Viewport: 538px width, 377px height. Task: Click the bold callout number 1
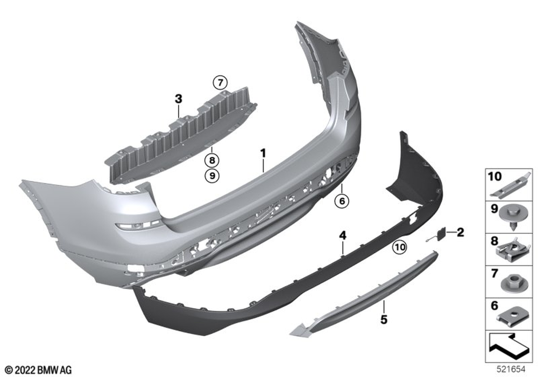pyautogui.click(x=263, y=153)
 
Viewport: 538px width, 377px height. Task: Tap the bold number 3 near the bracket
pyautogui.click(x=179, y=99)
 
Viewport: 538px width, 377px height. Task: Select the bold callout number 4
pyautogui.click(x=342, y=235)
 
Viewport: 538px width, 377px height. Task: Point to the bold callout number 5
pyautogui.click(x=384, y=320)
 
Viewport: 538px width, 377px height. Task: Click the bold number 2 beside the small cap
pyautogui.click(x=460, y=233)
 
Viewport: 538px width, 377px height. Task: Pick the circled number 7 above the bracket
pyautogui.click(x=220, y=83)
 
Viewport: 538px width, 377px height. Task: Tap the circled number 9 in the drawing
pyautogui.click(x=211, y=176)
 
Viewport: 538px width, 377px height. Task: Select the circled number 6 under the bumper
pyautogui.click(x=342, y=201)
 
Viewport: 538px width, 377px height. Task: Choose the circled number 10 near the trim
pyautogui.click(x=400, y=247)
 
